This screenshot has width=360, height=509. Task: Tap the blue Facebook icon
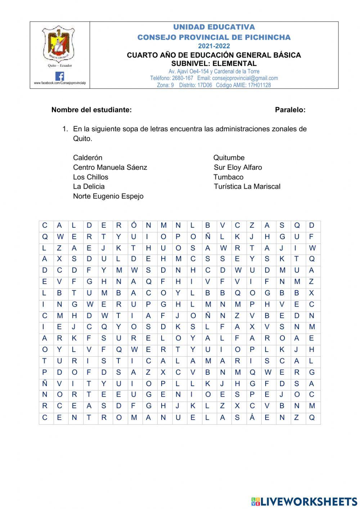coord(60,76)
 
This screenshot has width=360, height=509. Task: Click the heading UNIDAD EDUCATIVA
coord(214,27)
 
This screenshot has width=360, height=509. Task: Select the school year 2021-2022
coord(214,46)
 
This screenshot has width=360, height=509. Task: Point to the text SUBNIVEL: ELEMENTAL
coord(214,63)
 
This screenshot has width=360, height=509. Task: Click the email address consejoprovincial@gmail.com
coord(245,78)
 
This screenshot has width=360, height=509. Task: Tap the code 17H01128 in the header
coord(259,85)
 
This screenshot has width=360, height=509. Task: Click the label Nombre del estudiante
coord(91,110)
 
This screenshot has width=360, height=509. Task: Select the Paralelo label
coord(290,110)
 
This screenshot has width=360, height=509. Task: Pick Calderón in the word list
coord(87,158)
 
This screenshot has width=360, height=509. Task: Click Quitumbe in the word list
coord(229,158)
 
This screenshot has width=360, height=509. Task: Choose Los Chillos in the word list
coord(90,177)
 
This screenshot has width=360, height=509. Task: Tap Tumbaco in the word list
coord(228,177)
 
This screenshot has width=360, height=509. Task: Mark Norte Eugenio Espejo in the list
coord(108,196)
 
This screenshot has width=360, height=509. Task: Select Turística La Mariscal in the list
coord(247,187)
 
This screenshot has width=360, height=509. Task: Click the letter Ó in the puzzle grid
coord(134,226)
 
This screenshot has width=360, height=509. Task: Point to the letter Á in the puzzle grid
coord(252,418)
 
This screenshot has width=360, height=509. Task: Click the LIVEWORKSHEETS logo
coord(304,501)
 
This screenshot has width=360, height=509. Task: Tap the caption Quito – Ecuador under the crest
coord(60,66)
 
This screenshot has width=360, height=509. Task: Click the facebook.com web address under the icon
coord(60,83)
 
